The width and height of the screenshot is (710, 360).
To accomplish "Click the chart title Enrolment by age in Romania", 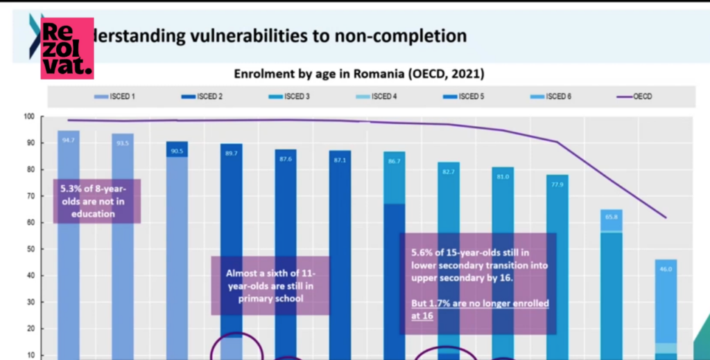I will click(358, 73).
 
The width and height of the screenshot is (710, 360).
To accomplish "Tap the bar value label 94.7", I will click(68, 142).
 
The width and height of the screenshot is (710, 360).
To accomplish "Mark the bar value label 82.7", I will click(449, 171).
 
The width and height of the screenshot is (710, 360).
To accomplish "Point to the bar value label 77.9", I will click(557, 185).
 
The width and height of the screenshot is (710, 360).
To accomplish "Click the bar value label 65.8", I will click(611, 217).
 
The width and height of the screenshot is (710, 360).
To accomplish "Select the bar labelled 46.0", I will click(665, 305).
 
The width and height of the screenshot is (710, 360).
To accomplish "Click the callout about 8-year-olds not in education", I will click(97, 201).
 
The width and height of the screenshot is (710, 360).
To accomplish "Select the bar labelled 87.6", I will click(285, 250).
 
